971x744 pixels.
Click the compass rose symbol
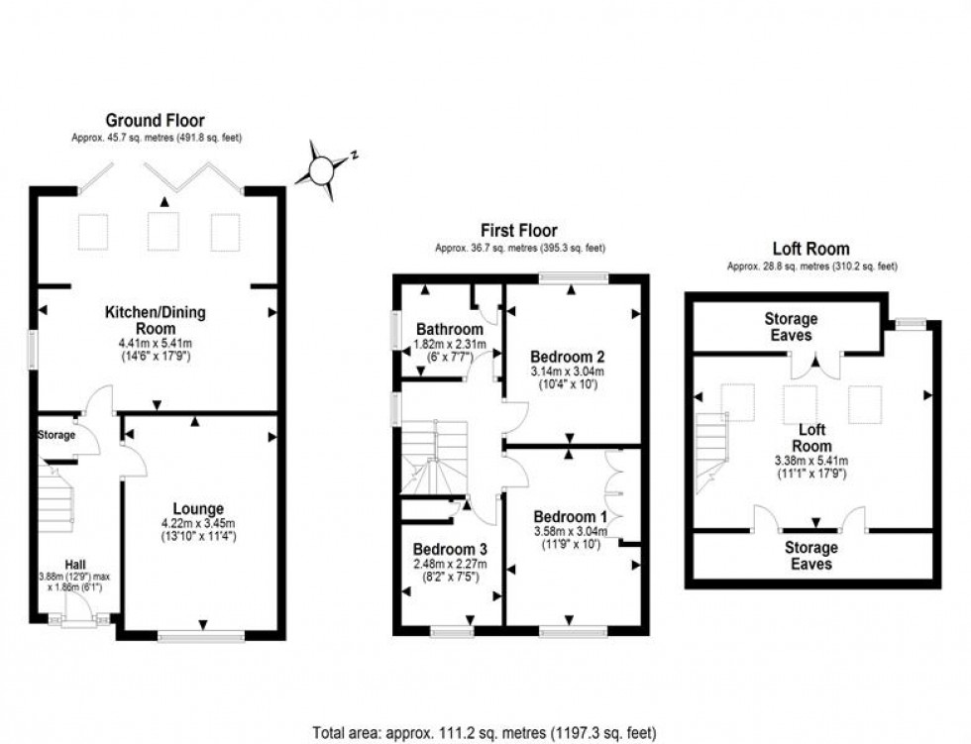pos(321,170)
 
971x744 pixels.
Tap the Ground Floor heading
pos(157,121)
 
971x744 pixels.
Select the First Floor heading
pos(519,231)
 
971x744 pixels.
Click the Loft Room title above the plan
pos(810,249)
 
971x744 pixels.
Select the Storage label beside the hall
pos(56,436)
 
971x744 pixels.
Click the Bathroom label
pos(449,329)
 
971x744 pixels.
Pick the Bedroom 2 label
pos(568,356)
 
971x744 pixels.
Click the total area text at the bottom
pos(485,733)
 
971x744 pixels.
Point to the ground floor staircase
pos(56,500)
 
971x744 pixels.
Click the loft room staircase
pos(713,452)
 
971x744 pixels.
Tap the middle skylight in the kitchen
pos(162,231)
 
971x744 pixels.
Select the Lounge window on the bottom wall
pos(201,638)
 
